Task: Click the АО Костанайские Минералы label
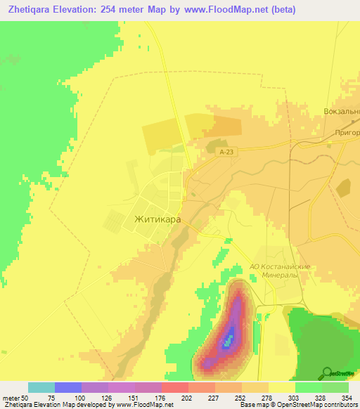280,271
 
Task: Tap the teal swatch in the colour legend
41,387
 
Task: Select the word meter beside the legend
10,398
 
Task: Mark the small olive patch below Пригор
343,187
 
